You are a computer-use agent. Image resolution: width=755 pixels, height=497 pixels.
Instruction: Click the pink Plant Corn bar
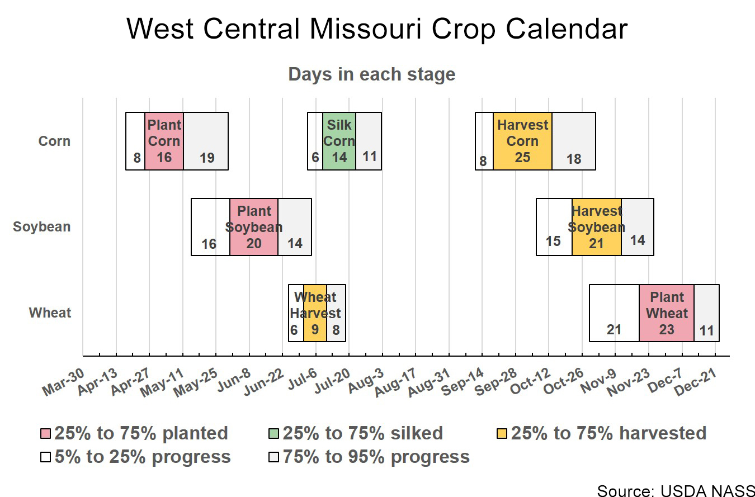point(164,141)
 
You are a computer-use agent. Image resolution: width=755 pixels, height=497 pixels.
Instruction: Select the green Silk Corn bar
point(339,141)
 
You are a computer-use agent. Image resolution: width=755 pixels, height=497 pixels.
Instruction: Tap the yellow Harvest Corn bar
point(522,141)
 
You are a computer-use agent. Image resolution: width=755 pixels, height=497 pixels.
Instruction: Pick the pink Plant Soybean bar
point(254,227)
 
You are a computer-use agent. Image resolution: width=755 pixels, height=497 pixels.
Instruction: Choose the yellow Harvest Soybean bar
point(596,227)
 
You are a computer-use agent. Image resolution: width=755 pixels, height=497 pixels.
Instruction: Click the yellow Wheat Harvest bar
point(315,313)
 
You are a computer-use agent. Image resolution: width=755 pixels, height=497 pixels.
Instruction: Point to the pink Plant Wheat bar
point(666,313)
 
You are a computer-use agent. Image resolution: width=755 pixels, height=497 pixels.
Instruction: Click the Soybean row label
point(42,227)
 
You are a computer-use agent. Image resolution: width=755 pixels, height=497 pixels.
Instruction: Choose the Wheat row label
point(50,313)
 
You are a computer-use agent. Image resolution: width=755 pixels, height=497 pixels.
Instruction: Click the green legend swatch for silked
point(273,434)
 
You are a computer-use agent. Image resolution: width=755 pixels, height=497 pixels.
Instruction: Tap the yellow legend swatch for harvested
point(502,434)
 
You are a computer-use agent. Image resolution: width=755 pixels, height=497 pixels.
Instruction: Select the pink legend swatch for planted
point(46,434)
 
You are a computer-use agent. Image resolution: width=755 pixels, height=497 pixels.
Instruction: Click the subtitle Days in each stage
point(372,74)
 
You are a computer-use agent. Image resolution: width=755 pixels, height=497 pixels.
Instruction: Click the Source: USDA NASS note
point(676,490)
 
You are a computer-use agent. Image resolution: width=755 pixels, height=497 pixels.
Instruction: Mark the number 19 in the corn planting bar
point(207,158)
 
